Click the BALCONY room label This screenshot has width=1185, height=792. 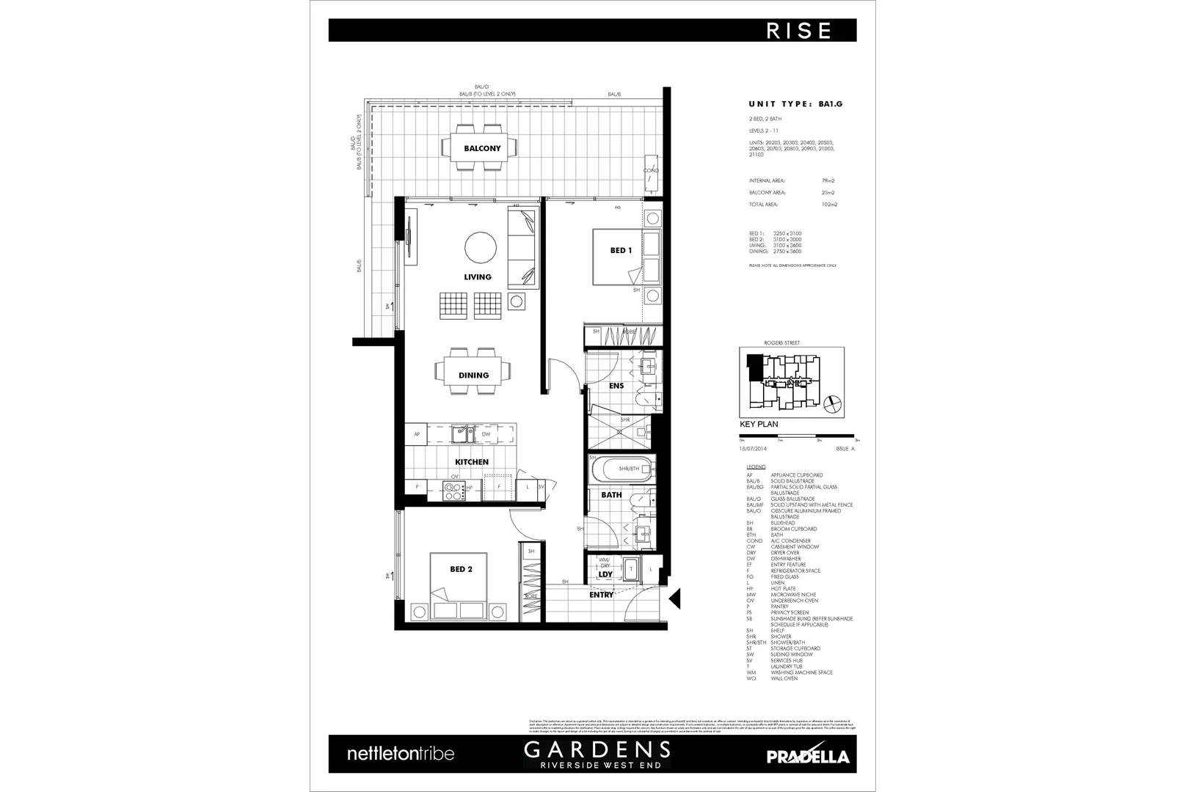pyautogui.click(x=482, y=148)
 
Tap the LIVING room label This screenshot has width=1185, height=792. pyautogui.click(x=478, y=276)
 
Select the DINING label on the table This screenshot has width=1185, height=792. pyautogui.click(x=473, y=375)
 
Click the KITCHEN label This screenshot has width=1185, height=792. pyautogui.click(x=472, y=462)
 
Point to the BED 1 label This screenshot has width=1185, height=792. pyautogui.click(x=621, y=251)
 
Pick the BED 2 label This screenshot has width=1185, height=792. pyautogui.click(x=461, y=569)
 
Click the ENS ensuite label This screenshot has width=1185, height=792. pyautogui.click(x=616, y=386)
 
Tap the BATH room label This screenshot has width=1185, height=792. pyautogui.click(x=611, y=495)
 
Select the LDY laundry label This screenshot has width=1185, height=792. pyautogui.click(x=605, y=575)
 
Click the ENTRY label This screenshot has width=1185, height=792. pyautogui.click(x=601, y=595)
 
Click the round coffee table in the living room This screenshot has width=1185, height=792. pyautogui.click(x=481, y=247)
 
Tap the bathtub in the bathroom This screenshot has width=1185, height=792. pyautogui.click(x=621, y=468)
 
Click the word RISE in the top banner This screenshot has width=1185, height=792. pyautogui.click(x=799, y=31)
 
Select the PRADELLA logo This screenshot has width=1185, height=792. pyautogui.click(x=807, y=756)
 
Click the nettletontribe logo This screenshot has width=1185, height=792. pyautogui.click(x=400, y=753)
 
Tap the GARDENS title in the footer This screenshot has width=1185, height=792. pyautogui.click(x=596, y=749)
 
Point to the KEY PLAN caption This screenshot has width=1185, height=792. pyautogui.click(x=759, y=425)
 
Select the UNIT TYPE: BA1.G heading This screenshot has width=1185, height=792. pyautogui.click(x=795, y=104)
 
